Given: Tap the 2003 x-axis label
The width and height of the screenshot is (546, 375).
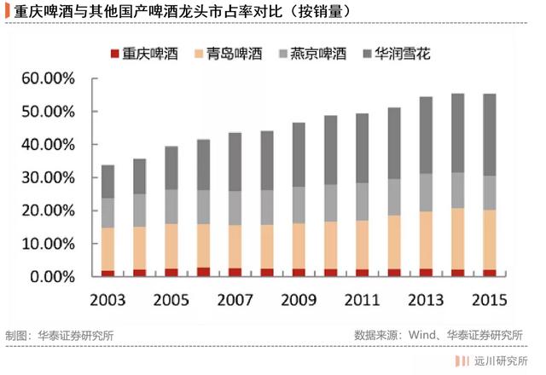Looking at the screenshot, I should click(x=107, y=300).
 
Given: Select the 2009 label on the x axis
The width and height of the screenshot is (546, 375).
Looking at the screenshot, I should click(x=299, y=300).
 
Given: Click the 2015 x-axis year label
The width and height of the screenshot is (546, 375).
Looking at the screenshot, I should click(x=490, y=300).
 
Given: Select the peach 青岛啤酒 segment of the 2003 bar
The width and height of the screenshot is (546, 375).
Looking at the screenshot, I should click(x=107, y=249).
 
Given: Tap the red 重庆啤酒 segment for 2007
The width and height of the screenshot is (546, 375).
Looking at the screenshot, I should click(x=235, y=273).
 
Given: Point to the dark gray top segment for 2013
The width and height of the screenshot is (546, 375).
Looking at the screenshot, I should click(x=426, y=136).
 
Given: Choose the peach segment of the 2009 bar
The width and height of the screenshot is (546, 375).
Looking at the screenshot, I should click(x=299, y=246).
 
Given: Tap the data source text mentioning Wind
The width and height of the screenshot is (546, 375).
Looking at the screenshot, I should click(x=439, y=335).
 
